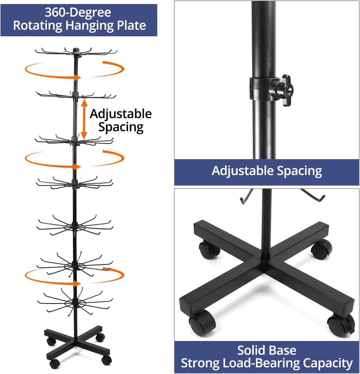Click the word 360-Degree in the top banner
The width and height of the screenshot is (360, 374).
pyautogui.click(x=78, y=12)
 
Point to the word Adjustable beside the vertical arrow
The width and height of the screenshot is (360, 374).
pyautogui.click(x=121, y=114)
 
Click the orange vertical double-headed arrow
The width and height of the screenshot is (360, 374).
pyautogui.click(x=84, y=119)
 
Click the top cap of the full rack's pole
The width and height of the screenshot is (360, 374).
pyautogui.click(x=76, y=50)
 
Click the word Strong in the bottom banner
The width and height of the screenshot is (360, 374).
pyautogui.click(x=200, y=364)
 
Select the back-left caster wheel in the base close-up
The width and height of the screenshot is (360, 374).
pyautogui.click(x=208, y=250)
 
